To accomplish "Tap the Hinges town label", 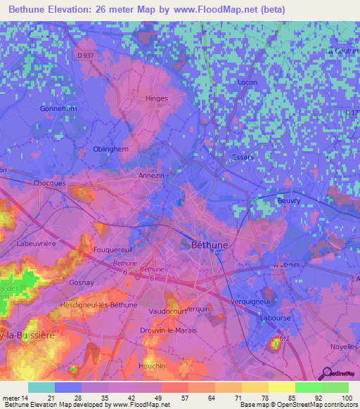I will click(x=156, y=99).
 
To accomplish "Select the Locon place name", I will click(x=247, y=102).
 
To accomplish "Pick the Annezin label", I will click(x=151, y=175).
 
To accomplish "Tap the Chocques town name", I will click(x=49, y=183).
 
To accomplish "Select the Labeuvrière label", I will click(x=36, y=244).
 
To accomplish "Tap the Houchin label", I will click(x=152, y=366).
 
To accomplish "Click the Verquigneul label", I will click(x=250, y=301).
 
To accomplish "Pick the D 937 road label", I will click(x=86, y=56).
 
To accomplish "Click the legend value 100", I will click(x=347, y=398).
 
